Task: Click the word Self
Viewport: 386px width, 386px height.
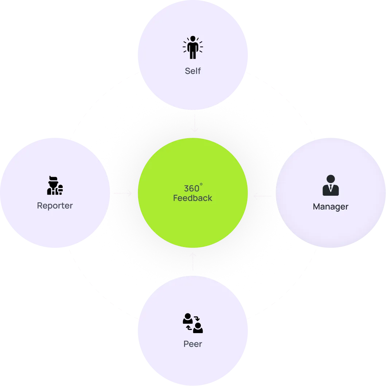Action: pos(192,71)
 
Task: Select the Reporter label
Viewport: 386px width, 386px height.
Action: pos(55,206)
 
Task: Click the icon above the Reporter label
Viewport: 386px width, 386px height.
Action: pos(55,186)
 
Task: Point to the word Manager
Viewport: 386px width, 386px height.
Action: pos(331,207)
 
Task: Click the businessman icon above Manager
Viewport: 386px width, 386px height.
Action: pos(331,186)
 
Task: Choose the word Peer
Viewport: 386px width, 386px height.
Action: pos(192,344)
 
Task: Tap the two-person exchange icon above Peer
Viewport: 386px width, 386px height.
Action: pos(192,323)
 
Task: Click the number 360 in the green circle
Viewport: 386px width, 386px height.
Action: pos(191,189)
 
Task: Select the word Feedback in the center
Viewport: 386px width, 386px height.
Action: pos(192,198)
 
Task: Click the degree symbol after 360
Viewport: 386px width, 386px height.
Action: pos(201,186)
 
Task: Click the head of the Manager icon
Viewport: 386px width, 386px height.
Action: pos(331,179)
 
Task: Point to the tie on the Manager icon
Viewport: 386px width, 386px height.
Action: pos(331,189)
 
